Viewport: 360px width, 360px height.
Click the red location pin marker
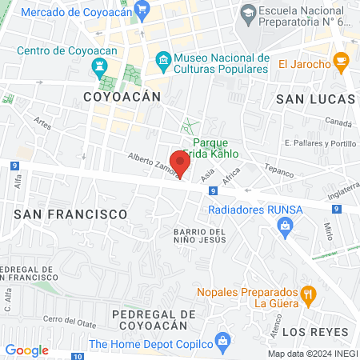(x=180, y=163)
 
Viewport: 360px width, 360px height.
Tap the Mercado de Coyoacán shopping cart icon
(x=142, y=11)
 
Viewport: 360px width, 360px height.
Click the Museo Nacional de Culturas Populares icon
(x=163, y=60)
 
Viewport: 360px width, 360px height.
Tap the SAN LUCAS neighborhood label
(x=314, y=98)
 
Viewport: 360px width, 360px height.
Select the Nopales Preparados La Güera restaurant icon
(x=307, y=297)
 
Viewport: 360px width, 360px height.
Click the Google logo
(x=26, y=350)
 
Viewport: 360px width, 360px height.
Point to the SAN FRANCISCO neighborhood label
(x=71, y=214)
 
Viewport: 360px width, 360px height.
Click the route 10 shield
(x=78, y=356)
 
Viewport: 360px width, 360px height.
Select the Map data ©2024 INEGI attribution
(x=312, y=354)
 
